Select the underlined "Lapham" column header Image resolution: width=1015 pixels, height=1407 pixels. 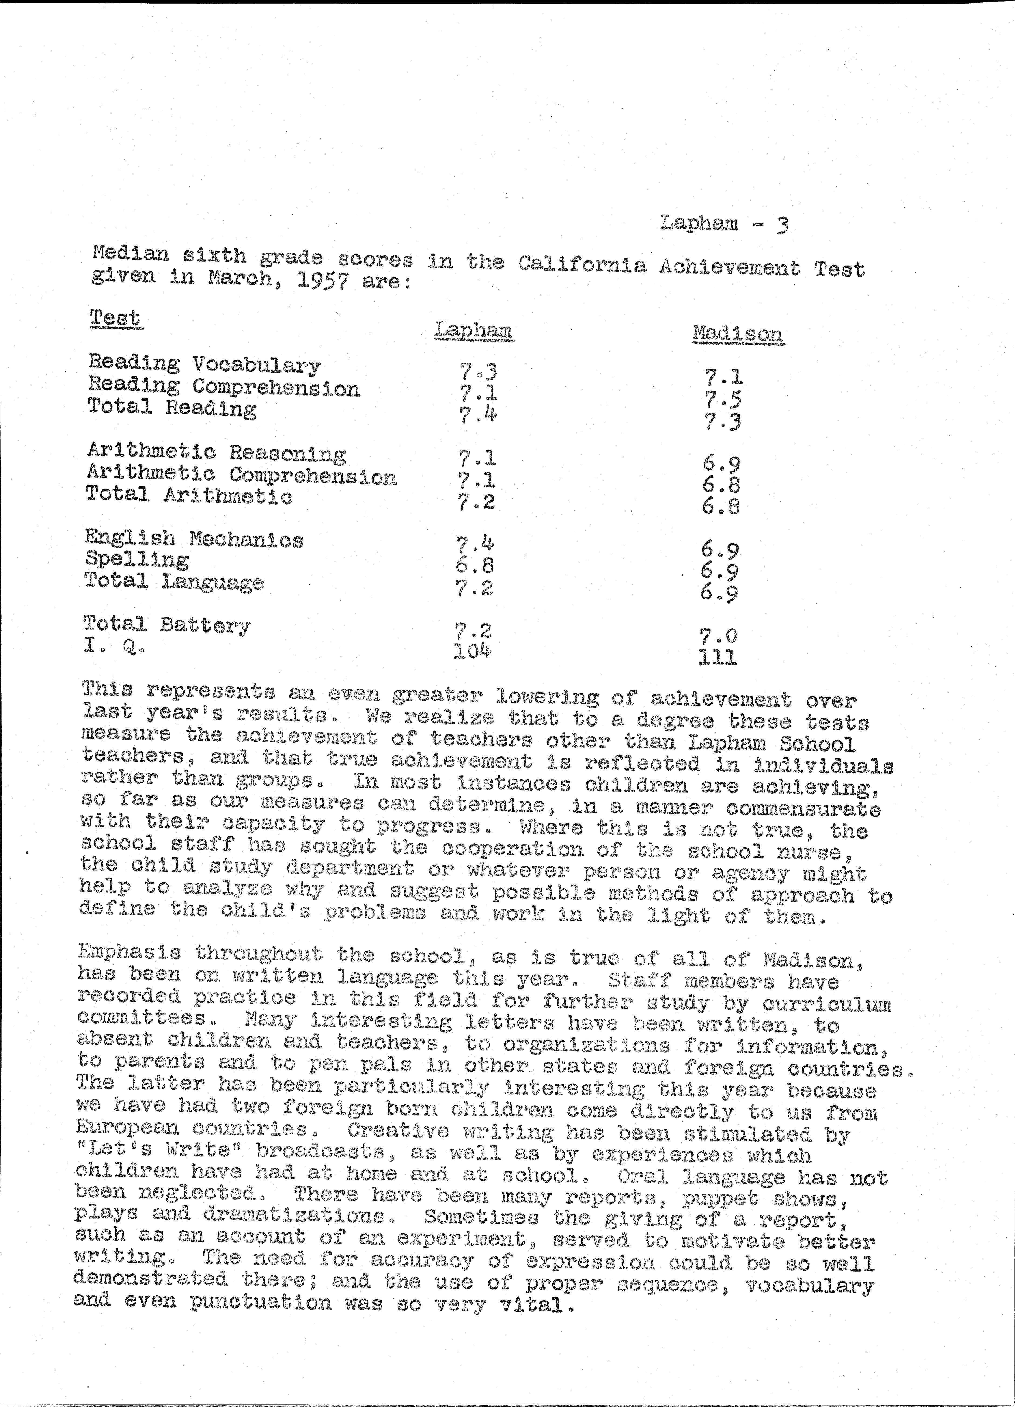[x=474, y=330]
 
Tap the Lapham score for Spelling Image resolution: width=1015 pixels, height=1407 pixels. [x=474, y=565]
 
